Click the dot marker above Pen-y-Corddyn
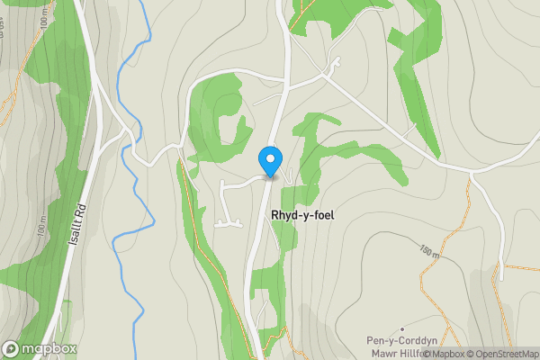pyautogui.click(x=402, y=328)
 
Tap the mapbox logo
pyautogui.click(x=40, y=348)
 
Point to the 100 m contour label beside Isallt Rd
pyautogui.click(x=41, y=229)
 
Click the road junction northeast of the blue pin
pyautogui.click(x=323, y=76)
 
